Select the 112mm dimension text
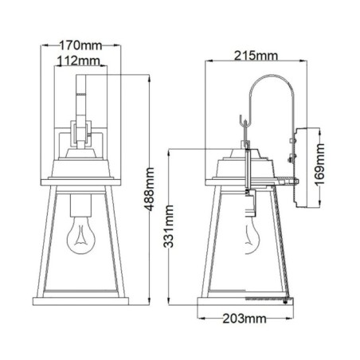(x=78, y=61)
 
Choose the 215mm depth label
(x=254, y=55)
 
